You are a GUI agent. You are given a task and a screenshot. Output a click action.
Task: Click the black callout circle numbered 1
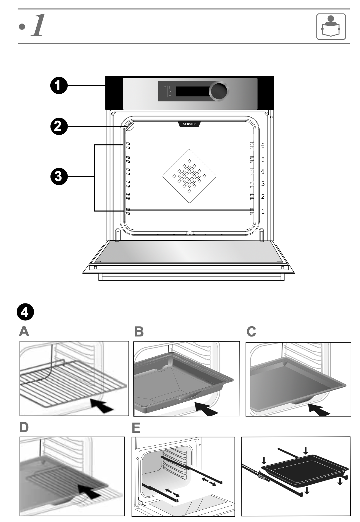59,86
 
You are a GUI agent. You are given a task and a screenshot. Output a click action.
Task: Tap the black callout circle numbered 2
59,127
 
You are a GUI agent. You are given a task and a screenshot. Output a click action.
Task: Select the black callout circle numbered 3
59,176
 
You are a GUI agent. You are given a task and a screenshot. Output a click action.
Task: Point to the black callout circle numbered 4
25,312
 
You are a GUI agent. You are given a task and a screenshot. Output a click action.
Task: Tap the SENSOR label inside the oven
189,124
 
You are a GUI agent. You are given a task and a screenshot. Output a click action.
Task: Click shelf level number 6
263,145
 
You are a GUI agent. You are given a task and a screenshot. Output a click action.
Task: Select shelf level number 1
263,211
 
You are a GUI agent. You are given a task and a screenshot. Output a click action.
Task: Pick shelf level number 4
263,171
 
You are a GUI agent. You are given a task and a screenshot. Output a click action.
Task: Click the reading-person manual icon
331,27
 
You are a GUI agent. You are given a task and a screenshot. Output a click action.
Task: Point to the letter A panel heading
24,332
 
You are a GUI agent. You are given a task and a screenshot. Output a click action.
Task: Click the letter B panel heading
139,332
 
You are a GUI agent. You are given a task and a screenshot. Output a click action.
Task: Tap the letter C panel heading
251,332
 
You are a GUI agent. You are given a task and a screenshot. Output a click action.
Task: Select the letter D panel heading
24,427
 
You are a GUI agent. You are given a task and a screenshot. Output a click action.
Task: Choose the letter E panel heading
136,428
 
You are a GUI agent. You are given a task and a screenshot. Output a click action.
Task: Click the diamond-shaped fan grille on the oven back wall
189,176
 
